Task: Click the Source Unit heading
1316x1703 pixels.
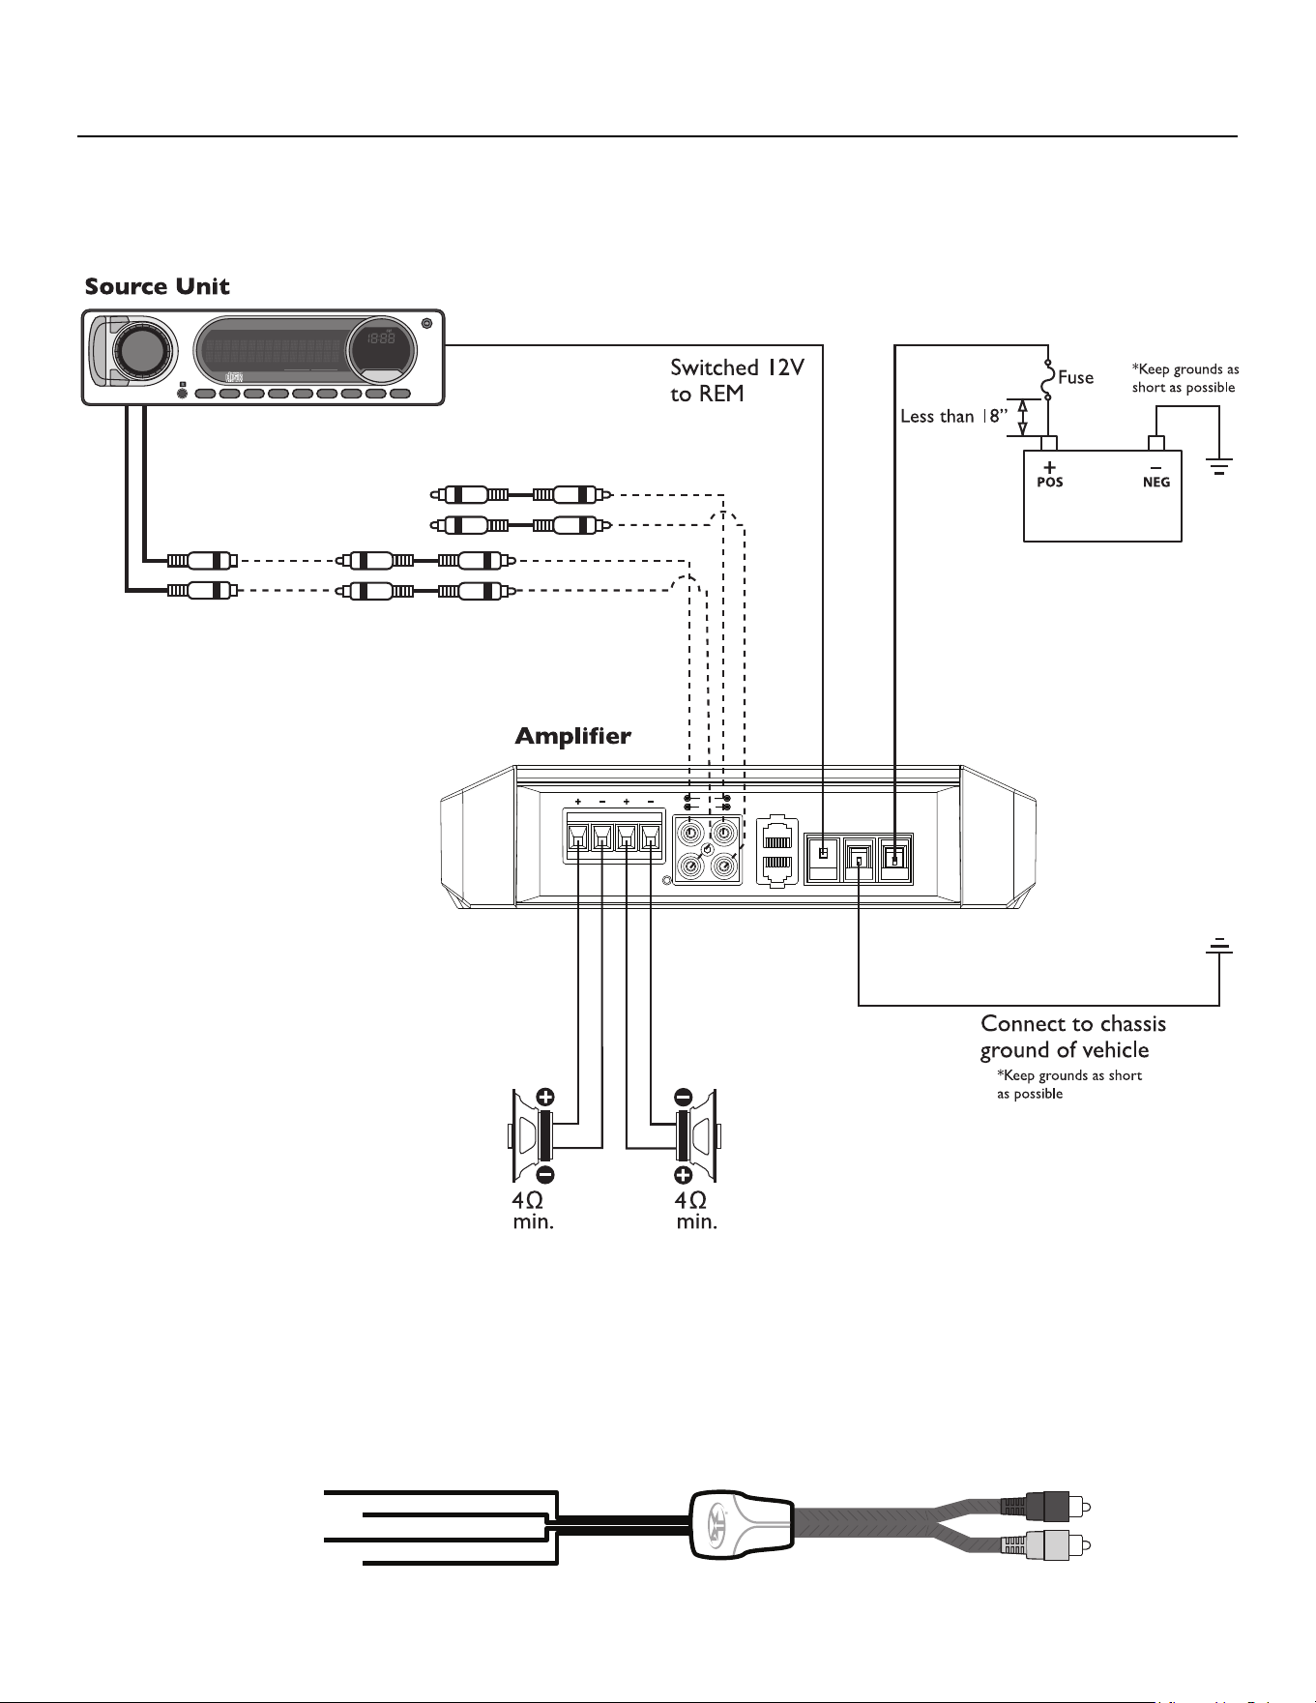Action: (x=157, y=286)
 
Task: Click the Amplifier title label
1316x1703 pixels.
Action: (x=572, y=737)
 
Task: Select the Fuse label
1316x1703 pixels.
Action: (x=1075, y=377)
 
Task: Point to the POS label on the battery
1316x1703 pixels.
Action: (x=1050, y=482)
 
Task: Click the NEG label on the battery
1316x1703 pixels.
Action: (x=1156, y=482)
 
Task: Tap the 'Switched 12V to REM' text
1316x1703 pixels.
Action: (x=737, y=381)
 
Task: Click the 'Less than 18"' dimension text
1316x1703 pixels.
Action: (x=953, y=416)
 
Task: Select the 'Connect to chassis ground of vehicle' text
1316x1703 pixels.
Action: (x=1073, y=1037)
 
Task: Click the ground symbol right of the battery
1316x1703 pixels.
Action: (x=1219, y=469)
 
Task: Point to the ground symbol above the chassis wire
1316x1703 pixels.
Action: (x=1219, y=945)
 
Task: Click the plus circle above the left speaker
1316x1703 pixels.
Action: (x=545, y=1097)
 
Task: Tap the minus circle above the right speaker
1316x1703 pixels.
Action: (x=683, y=1097)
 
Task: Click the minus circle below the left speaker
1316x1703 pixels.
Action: (x=545, y=1175)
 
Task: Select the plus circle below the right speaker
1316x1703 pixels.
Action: (x=683, y=1175)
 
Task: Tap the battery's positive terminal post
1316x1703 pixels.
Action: (x=1048, y=443)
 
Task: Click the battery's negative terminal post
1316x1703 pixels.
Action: (x=1155, y=443)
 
